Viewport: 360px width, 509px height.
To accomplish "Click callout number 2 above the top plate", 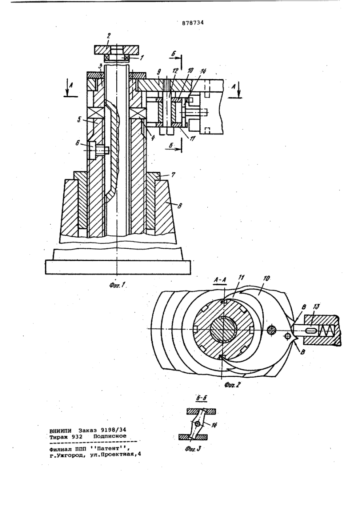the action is coord(109,36).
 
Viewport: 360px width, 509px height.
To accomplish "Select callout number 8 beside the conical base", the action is coord(180,206).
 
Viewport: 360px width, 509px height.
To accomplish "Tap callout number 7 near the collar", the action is coord(174,175).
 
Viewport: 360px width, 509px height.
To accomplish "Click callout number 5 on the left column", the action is coord(79,120).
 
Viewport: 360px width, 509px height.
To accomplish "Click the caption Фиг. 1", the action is coord(117,286).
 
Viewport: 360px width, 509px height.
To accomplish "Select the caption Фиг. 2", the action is coord(233,384).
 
